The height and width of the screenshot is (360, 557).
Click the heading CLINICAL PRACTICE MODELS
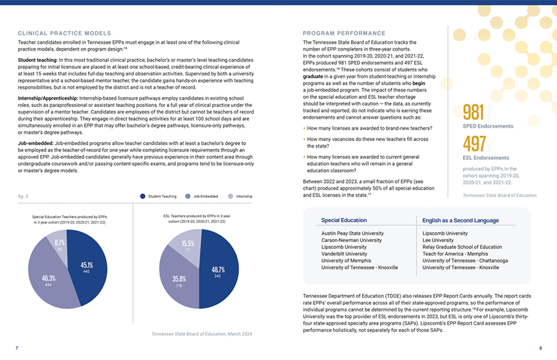[x=64, y=33]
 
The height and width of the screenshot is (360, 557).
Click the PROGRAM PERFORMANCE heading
[x=344, y=33]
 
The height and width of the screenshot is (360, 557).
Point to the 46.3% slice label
[x=48, y=279]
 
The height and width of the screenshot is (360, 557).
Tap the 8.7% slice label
[x=59, y=243]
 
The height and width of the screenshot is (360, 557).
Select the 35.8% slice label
[x=178, y=279]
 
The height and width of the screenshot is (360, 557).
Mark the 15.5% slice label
[x=188, y=244]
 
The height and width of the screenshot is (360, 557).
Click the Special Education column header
[x=344, y=220]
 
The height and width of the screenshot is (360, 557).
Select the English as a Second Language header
[x=461, y=220]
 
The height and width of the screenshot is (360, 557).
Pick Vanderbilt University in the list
[x=344, y=254]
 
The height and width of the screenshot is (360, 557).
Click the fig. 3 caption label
[x=23, y=196]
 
